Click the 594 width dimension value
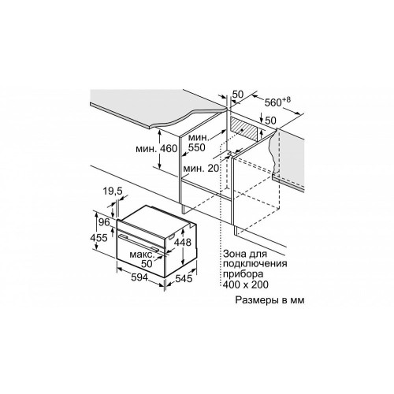[x=139, y=277]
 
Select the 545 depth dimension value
[x=184, y=279]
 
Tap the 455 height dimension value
[x=98, y=238]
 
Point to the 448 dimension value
[x=183, y=242]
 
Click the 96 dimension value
[x=104, y=222]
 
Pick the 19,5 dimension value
[x=113, y=191]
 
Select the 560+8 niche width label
[x=277, y=102]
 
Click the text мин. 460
[x=157, y=149]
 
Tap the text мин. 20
[x=201, y=168]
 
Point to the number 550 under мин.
[x=196, y=147]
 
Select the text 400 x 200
[x=246, y=284]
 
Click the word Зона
[x=234, y=254]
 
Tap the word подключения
[x=255, y=264]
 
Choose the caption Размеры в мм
[x=269, y=300]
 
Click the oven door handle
[x=140, y=243]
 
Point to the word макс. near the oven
[x=142, y=255]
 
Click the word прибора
[x=243, y=274]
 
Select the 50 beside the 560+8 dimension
[x=238, y=95]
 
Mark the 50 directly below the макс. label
[x=147, y=264]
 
